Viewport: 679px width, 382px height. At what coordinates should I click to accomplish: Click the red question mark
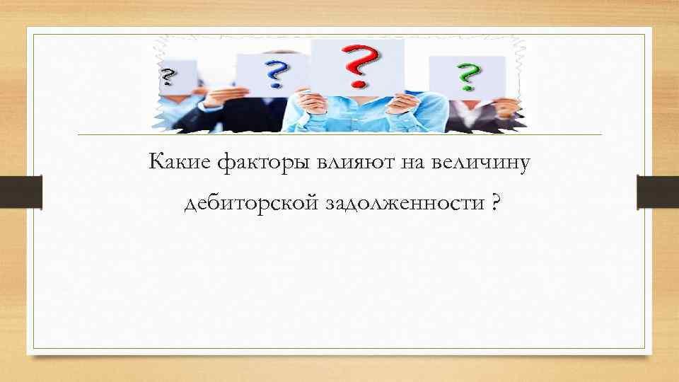[x=357, y=65]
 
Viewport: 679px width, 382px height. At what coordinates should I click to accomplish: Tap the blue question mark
[x=275, y=74]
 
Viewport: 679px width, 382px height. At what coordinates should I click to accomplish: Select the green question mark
[x=466, y=76]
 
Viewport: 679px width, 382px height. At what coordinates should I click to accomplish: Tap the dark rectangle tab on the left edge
[x=21, y=192]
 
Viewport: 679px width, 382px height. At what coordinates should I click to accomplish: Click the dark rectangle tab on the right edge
[x=658, y=192]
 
